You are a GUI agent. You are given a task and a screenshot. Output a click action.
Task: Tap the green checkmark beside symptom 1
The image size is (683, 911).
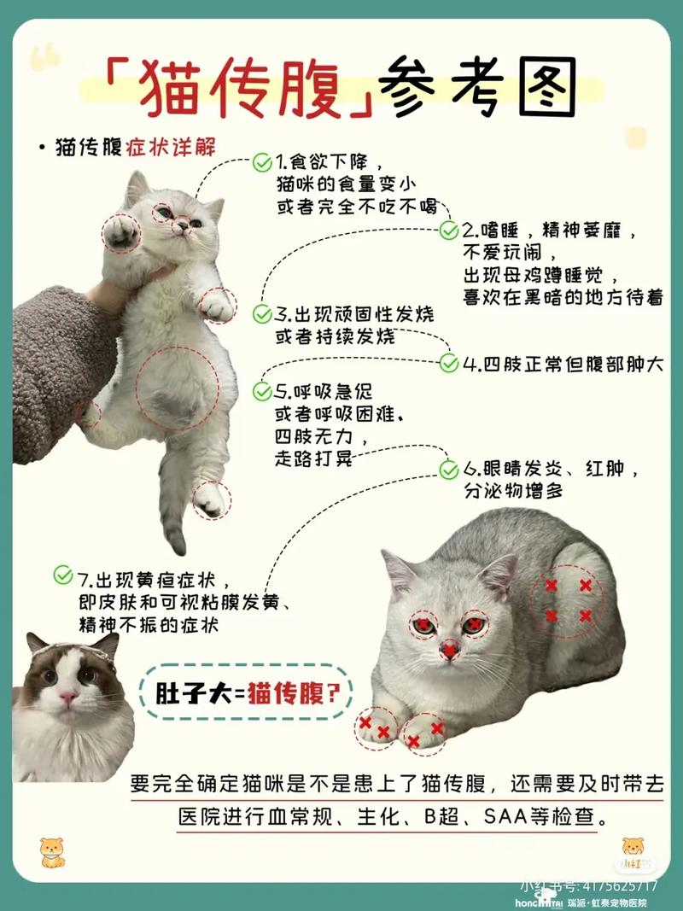(262, 161)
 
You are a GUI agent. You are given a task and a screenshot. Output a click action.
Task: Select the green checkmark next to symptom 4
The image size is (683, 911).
(449, 364)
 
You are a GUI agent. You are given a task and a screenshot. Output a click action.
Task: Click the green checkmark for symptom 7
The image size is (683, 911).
(63, 575)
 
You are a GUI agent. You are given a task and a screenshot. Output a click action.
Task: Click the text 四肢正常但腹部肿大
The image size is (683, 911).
(563, 364)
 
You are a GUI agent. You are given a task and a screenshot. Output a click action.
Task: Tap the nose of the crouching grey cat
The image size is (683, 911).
(450, 651)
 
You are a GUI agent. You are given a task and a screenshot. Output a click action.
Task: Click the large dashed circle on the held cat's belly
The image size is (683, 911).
(178, 387)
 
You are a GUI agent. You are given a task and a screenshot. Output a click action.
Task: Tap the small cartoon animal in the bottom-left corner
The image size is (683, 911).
(52, 851)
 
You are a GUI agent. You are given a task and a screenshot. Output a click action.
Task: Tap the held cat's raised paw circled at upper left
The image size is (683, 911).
(120, 232)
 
